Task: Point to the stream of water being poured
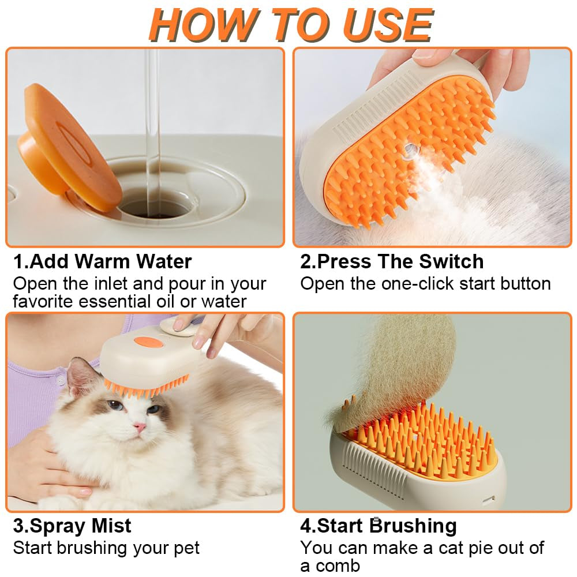click(x=152, y=115)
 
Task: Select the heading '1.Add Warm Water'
click(x=102, y=261)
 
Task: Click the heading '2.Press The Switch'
click(x=392, y=261)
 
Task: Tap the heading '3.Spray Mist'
click(x=72, y=526)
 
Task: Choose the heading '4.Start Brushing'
click(x=379, y=526)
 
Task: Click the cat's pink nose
click(x=140, y=428)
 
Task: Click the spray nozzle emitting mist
click(x=411, y=153)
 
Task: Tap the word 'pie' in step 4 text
click(x=477, y=548)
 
